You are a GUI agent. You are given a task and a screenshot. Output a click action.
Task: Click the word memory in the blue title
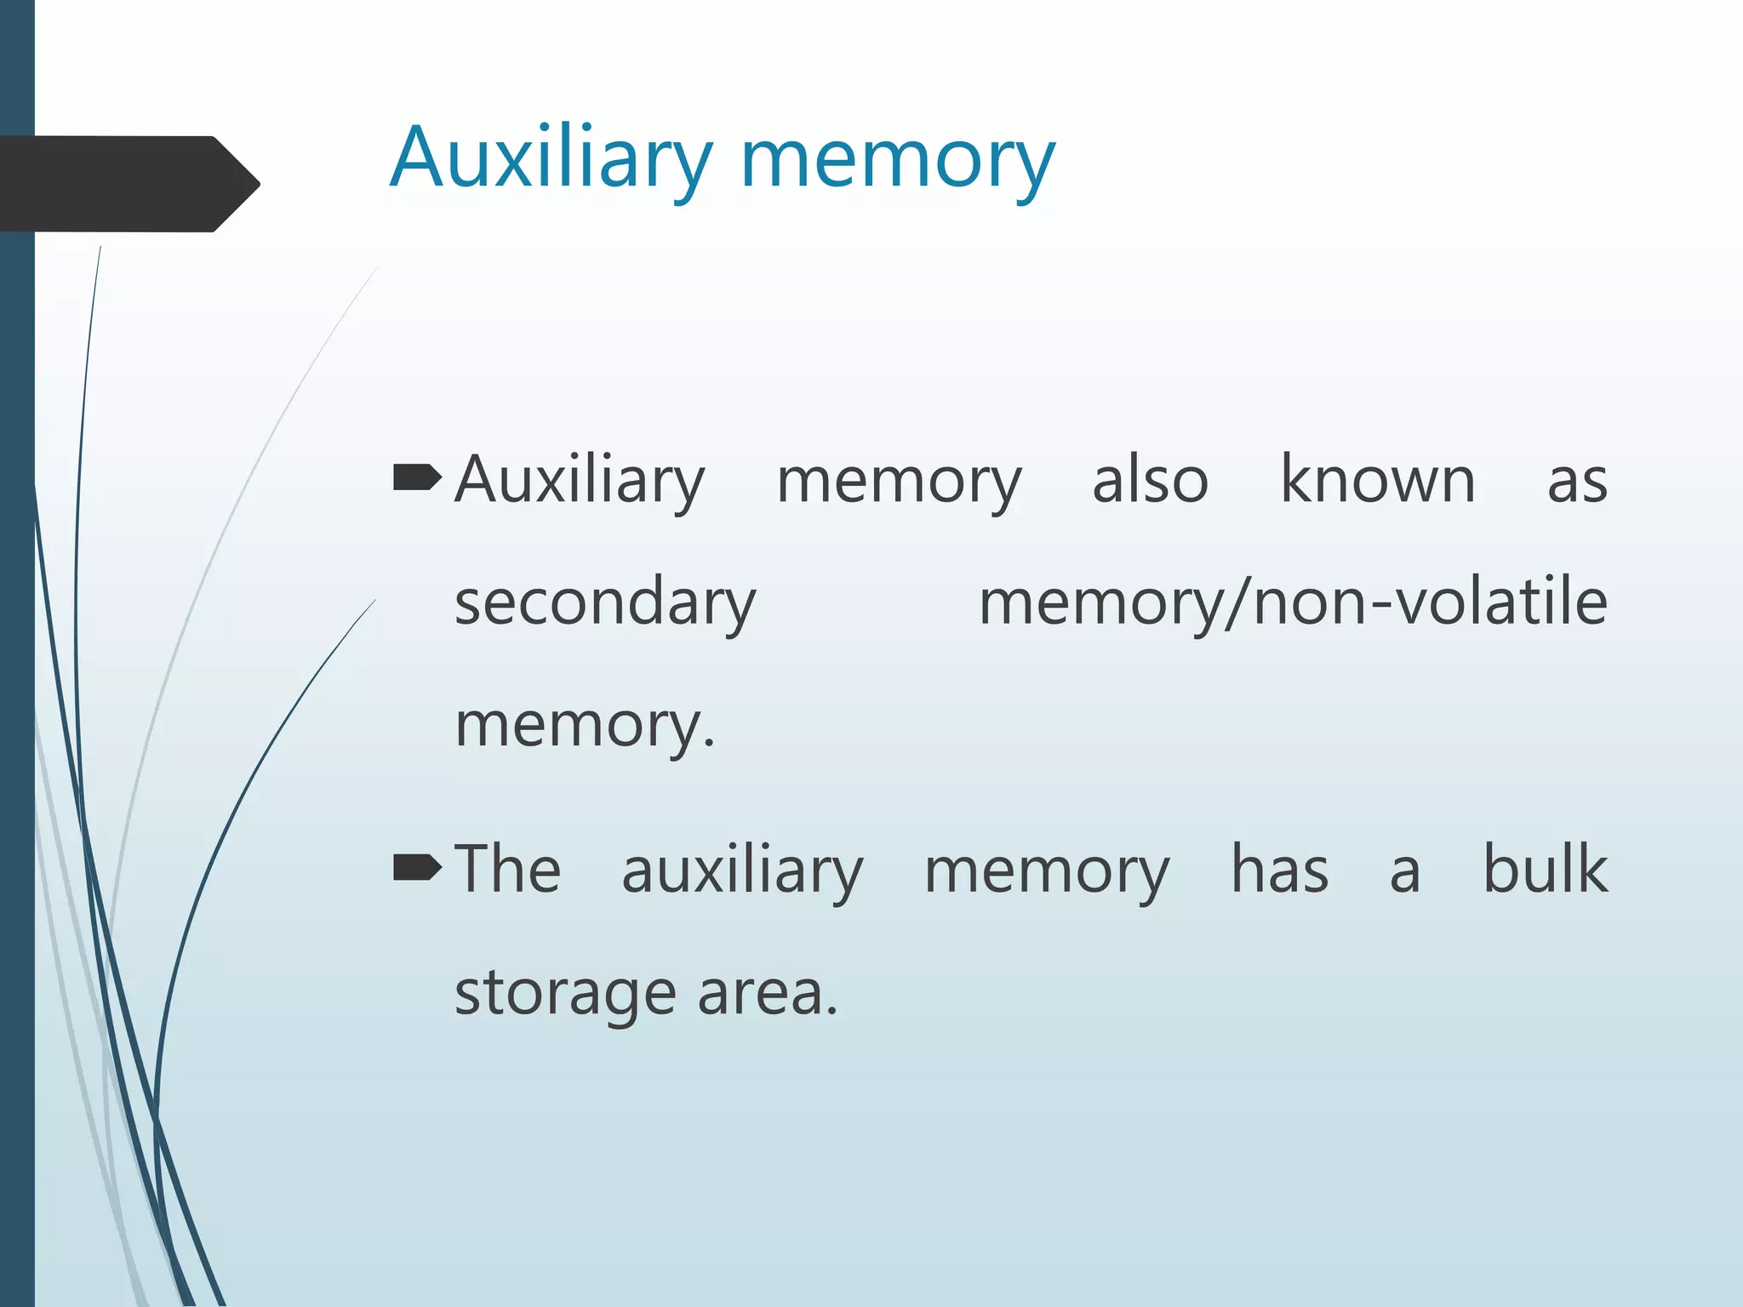click(x=898, y=162)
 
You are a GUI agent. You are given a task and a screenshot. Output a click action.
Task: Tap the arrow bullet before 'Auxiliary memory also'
click(x=417, y=479)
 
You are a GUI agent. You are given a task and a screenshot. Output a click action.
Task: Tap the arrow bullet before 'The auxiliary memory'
click(x=417, y=868)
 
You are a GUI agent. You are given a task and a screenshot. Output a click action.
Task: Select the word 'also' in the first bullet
click(x=1150, y=480)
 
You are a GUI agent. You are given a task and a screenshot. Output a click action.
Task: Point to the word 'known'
click(x=1377, y=480)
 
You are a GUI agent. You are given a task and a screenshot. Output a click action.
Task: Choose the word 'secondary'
click(x=605, y=602)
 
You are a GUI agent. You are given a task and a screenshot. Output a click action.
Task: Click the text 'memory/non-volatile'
click(x=1293, y=602)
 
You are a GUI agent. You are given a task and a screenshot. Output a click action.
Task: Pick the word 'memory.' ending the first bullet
click(x=585, y=725)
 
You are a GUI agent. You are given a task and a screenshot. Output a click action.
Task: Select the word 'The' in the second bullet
click(x=507, y=869)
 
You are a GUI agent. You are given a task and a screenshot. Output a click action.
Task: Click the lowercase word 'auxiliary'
click(x=742, y=870)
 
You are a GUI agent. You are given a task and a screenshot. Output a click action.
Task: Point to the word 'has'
click(x=1279, y=869)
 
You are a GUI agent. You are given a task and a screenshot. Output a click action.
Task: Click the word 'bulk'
click(x=1545, y=869)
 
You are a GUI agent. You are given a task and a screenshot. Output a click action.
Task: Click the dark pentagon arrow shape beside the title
click(x=128, y=184)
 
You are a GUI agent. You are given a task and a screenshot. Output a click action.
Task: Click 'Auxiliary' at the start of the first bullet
click(x=580, y=481)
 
